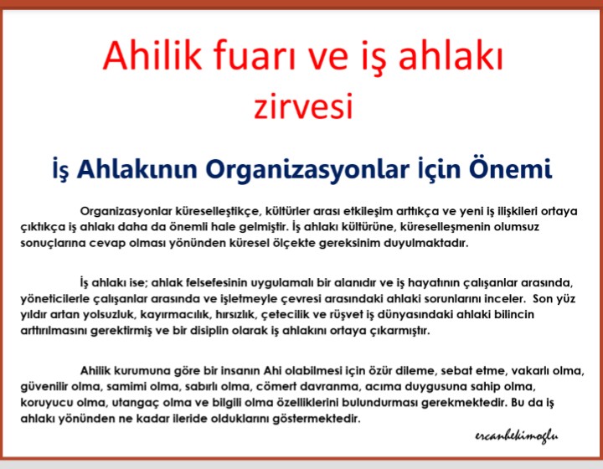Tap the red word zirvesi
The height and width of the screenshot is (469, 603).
point(303,106)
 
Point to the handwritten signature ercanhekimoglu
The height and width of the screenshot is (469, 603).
point(517,436)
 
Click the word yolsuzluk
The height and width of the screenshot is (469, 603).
point(109,314)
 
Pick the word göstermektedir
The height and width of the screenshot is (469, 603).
point(317,418)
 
